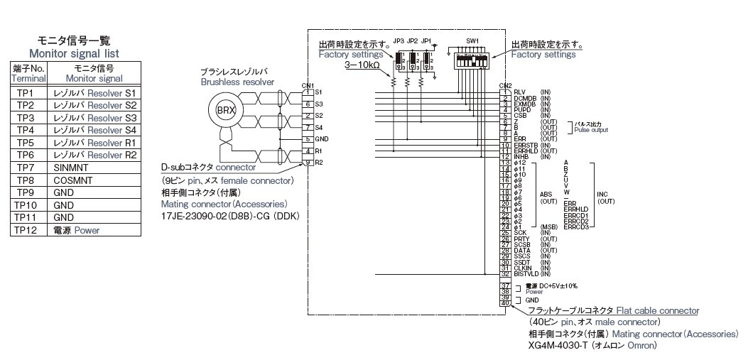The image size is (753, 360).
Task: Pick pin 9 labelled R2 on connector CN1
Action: (308, 163)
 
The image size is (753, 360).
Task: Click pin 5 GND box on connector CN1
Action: (308, 138)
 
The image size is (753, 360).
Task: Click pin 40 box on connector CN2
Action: (506, 303)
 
